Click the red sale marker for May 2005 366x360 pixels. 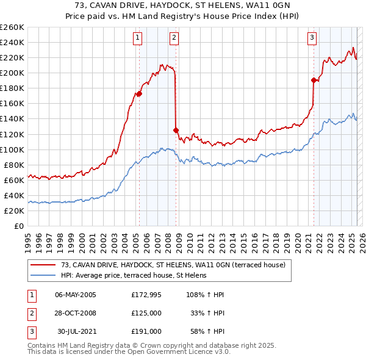click(x=139, y=93)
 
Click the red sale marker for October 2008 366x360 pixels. click(x=176, y=130)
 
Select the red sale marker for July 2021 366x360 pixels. click(x=314, y=80)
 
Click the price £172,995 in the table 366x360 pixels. click(x=146, y=295)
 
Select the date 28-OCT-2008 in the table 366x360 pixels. click(x=76, y=313)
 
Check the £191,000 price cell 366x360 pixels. click(x=146, y=331)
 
